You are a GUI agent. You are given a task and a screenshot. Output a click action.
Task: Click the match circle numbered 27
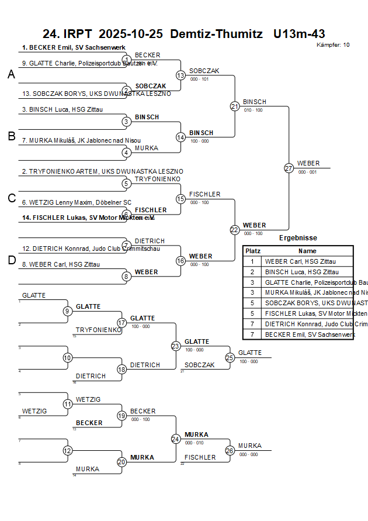tap(289, 168)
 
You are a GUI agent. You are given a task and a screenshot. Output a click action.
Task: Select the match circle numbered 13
tap(180, 75)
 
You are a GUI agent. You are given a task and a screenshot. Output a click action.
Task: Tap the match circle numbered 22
tap(234, 230)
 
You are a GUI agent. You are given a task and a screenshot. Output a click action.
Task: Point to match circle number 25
tap(230, 357)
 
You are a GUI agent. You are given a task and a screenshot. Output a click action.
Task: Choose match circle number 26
tap(230, 450)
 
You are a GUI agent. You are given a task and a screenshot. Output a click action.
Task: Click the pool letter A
tap(11, 74)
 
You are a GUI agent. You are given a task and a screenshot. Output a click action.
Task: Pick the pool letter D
tap(11, 260)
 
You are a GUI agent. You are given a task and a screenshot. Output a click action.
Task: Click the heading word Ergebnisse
tap(298, 238)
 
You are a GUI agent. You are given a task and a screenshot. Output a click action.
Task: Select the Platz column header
tap(252, 251)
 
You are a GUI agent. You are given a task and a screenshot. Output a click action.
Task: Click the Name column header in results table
tap(307, 251)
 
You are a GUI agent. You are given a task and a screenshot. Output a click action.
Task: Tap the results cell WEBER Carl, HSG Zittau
tap(300, 261)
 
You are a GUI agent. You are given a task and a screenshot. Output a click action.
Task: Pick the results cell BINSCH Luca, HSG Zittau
tap(301, 272)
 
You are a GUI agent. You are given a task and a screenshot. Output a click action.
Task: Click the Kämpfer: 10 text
tap(333, 45)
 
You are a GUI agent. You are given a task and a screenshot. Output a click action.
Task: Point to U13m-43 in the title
tap(299, 34)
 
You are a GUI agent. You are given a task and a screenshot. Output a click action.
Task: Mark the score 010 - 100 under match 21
tap(253, 110)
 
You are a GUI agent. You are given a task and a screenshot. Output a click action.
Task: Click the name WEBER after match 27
tap(308, 163)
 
